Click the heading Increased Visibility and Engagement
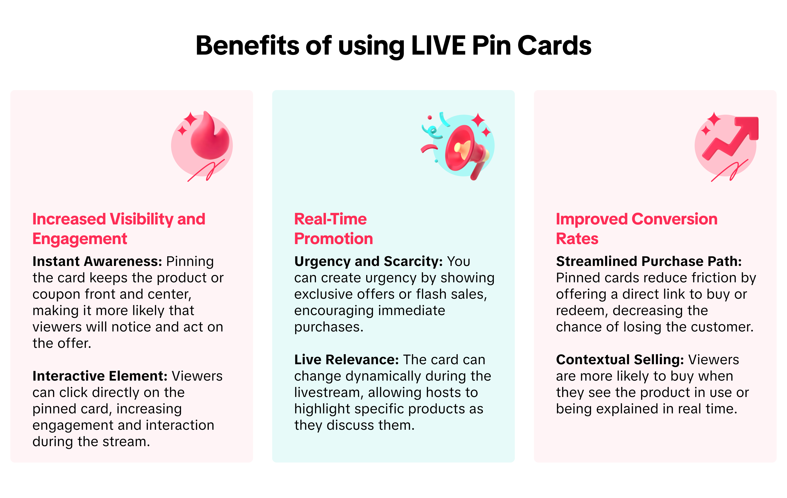click(x=119, y=229)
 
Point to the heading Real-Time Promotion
click(x=333, y=229)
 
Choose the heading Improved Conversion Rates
click(x=637, y=229)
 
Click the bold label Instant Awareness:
click(x=97, y=261)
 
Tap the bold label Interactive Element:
click(x=100, y=376)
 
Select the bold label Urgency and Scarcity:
click(x=369, y=262)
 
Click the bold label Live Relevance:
click(x=346, y=360)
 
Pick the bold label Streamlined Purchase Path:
click(x=649, y=261)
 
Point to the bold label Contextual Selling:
click(x=620, y=360)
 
